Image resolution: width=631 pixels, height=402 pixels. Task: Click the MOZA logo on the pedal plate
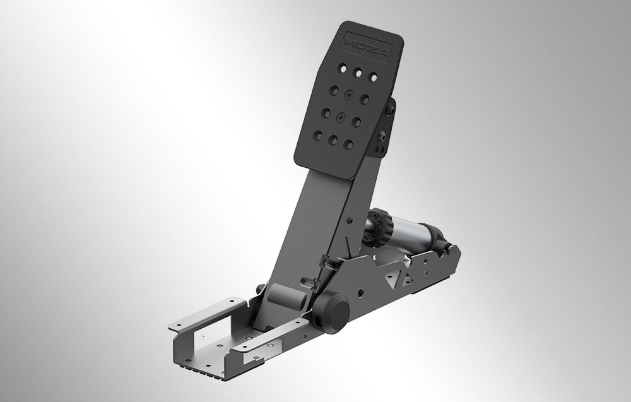(367, 48)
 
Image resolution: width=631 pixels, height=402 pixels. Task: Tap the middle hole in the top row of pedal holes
(358, 73)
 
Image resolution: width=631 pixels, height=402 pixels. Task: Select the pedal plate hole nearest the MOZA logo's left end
(343, 69)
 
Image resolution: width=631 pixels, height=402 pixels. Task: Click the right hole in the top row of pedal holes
(374, 77)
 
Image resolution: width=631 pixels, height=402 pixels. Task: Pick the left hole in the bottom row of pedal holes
(318, 135)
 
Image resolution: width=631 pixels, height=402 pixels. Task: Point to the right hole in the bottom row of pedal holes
(348, 145)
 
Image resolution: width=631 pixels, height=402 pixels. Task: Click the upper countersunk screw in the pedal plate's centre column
(349, 95)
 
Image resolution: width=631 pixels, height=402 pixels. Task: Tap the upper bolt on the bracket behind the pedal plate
(389, 110)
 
